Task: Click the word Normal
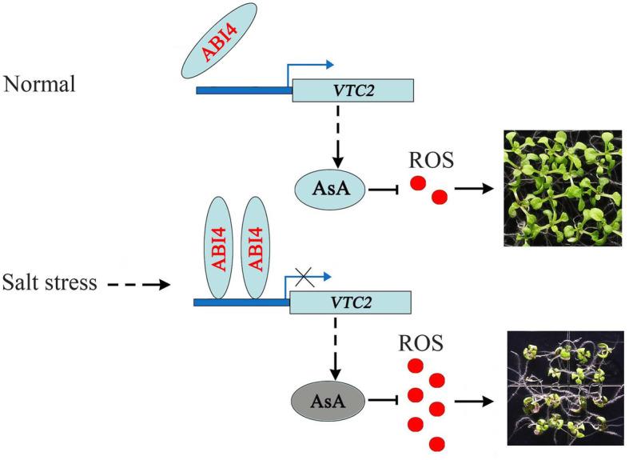click(x=41, y=84)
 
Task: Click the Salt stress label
click(x=51, y=282)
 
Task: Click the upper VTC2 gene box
click(x=352, y=90)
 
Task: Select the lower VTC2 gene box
click(x=350, y=302)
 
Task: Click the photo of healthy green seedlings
click(x=561, y=189)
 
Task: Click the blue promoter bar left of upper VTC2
click(x=244, y=90)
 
